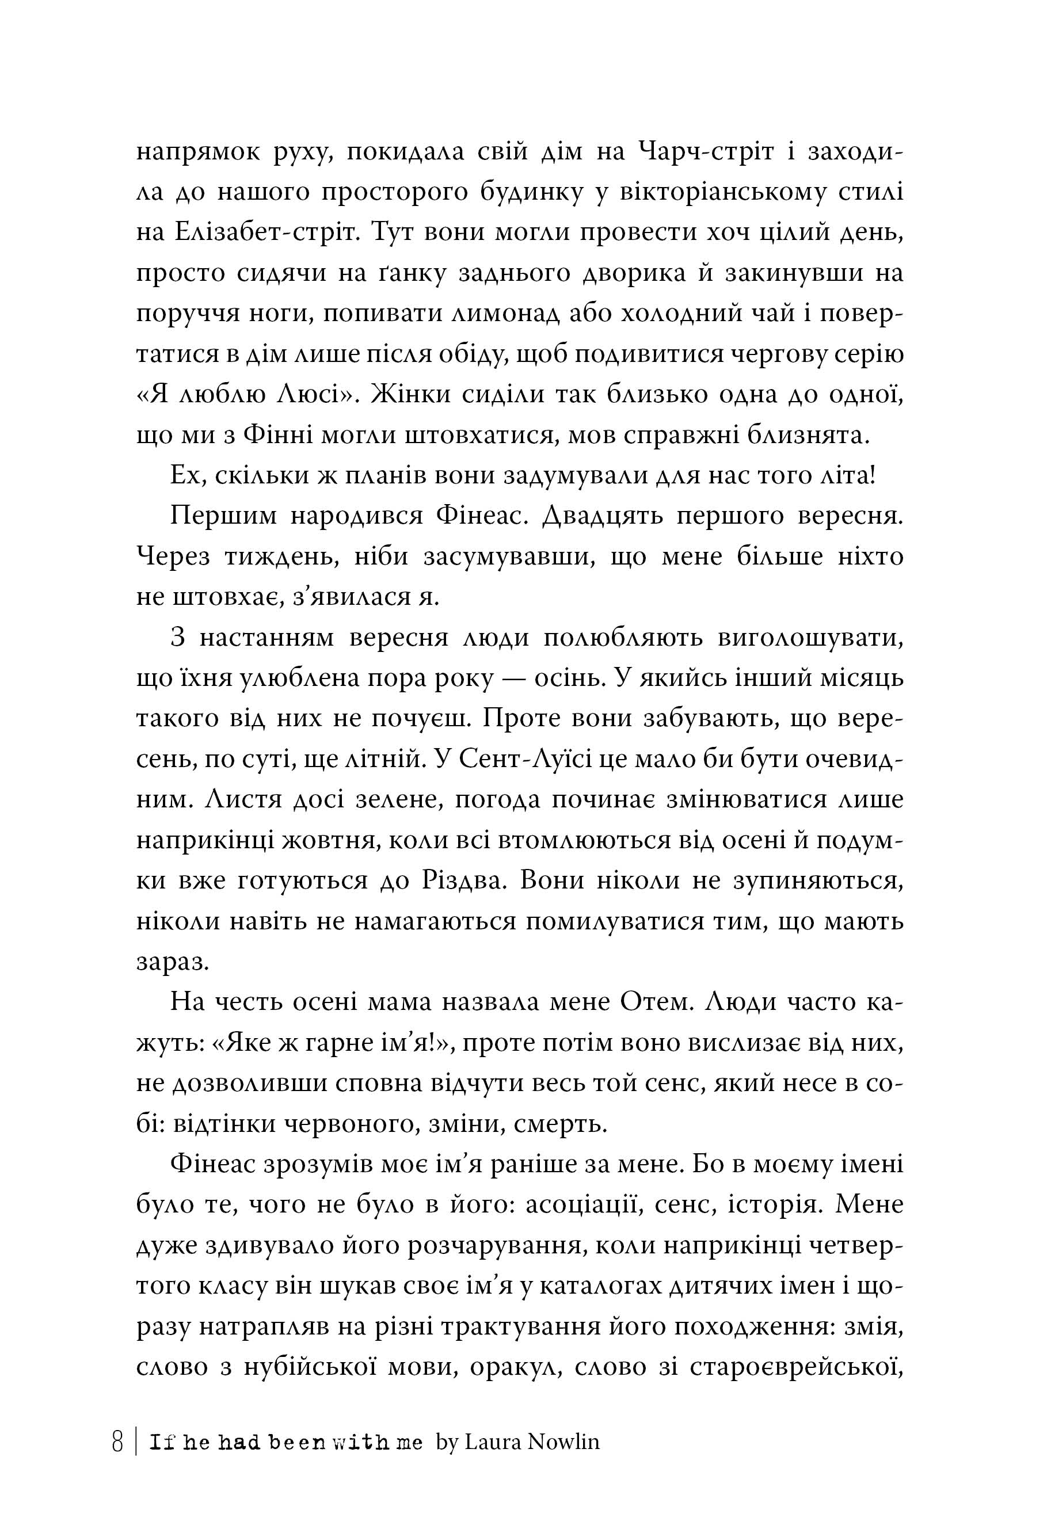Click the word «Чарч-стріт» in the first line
(x=707, y=152)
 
